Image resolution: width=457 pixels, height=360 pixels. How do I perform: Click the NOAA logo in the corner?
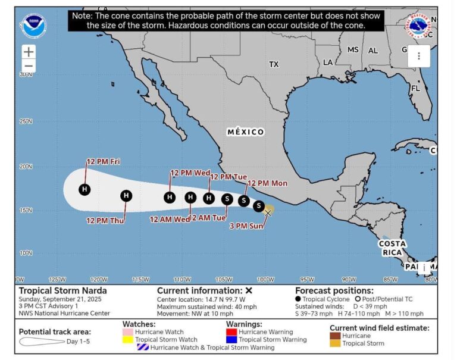[33, 25]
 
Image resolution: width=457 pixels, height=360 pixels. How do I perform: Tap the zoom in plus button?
[29, 52]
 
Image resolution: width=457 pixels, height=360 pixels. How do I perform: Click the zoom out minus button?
[29, 65]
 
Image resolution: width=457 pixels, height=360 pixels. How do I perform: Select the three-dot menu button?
[419, 56]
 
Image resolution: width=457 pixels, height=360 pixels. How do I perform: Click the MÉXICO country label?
[246, 132]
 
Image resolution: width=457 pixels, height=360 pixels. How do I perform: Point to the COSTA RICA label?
[393, 248]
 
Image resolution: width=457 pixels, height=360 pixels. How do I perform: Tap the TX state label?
[274, 64]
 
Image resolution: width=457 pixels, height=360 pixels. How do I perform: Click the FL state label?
[415, 88]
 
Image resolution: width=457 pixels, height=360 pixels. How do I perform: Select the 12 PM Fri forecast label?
[103, 161]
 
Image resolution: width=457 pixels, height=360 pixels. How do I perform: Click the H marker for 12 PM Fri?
[85, 189]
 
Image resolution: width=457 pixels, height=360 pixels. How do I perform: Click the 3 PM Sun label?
[246, 226]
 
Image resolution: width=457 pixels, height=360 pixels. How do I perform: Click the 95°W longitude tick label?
[306, 280]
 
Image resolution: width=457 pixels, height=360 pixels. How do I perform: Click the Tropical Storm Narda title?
[55, 290]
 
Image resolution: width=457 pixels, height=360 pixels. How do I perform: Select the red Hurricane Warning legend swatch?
[231, 331]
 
